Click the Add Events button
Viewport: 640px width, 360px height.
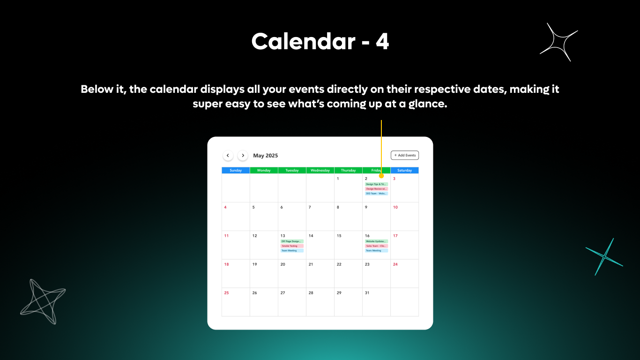[x=405, y=155]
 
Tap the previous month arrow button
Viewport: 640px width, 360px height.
[x=228, y=155]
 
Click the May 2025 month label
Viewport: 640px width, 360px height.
[x=265, y=156]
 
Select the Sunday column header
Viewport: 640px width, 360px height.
[x=236, y=171]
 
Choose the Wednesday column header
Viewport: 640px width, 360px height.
[x=320, y=171]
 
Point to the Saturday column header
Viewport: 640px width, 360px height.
[x=404, y=171]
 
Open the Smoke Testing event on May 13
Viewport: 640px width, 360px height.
[x=292, y=246]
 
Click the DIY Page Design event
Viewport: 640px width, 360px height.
[x=292, y=241]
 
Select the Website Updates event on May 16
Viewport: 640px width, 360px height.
[x=376, y=241]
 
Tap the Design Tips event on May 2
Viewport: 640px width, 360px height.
[x=376, y=184]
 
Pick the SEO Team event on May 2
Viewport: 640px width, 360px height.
[x=376, y=194]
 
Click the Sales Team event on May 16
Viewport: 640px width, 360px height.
[x=376, y=246]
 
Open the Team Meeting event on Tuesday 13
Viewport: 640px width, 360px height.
[x=292, y=251]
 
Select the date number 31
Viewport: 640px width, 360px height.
[x=367, y=293]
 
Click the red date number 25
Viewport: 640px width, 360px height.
[x=226, y=293]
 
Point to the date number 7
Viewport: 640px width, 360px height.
[x=310, y=207]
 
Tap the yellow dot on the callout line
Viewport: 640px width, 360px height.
[x=381, y=176]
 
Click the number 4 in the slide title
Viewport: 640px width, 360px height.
[x=382, y=42]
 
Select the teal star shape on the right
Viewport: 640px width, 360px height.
[x=604, y=257]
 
